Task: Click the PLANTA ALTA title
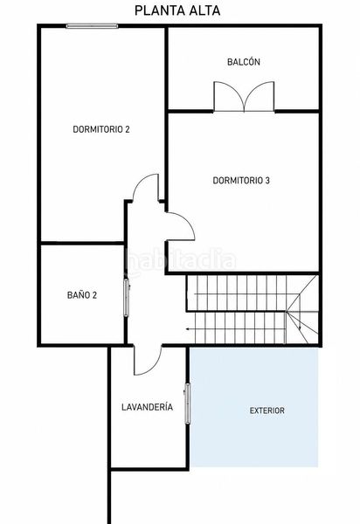177,10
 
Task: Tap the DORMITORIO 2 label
101,129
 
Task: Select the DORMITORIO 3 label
241,181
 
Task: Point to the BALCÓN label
244,62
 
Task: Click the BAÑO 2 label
82,295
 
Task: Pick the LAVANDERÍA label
147,407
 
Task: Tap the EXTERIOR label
267,410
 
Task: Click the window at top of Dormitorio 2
92,25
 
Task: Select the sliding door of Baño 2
127,298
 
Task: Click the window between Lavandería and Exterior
188,403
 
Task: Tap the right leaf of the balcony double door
260,96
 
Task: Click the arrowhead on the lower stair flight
188,329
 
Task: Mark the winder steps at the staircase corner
302,309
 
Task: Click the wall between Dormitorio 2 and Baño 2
82,243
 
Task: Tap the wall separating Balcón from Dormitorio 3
244,111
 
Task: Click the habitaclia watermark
181,261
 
